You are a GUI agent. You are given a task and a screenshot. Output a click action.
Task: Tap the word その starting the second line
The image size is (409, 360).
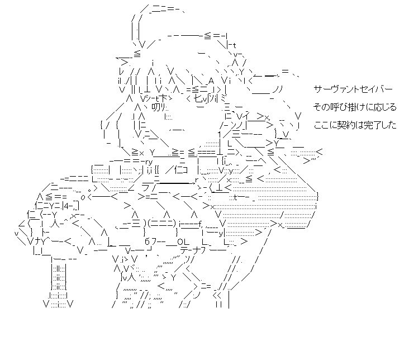pos(319,107)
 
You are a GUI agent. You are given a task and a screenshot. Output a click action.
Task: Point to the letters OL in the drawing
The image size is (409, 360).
pos(182,241)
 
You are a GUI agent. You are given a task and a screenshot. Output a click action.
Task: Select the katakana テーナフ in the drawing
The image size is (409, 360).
pos(195,251)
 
